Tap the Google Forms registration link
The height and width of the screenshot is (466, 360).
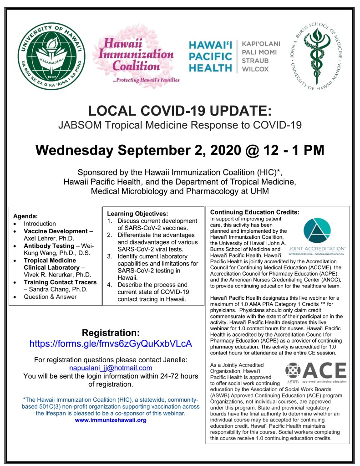pos(110,343)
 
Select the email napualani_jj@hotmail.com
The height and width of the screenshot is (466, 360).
pos(110,368)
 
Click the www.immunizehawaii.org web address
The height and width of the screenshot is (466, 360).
pos(111,420)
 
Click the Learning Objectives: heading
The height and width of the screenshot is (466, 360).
pos(137,213)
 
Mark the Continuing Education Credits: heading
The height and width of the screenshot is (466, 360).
pos(254,212)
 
